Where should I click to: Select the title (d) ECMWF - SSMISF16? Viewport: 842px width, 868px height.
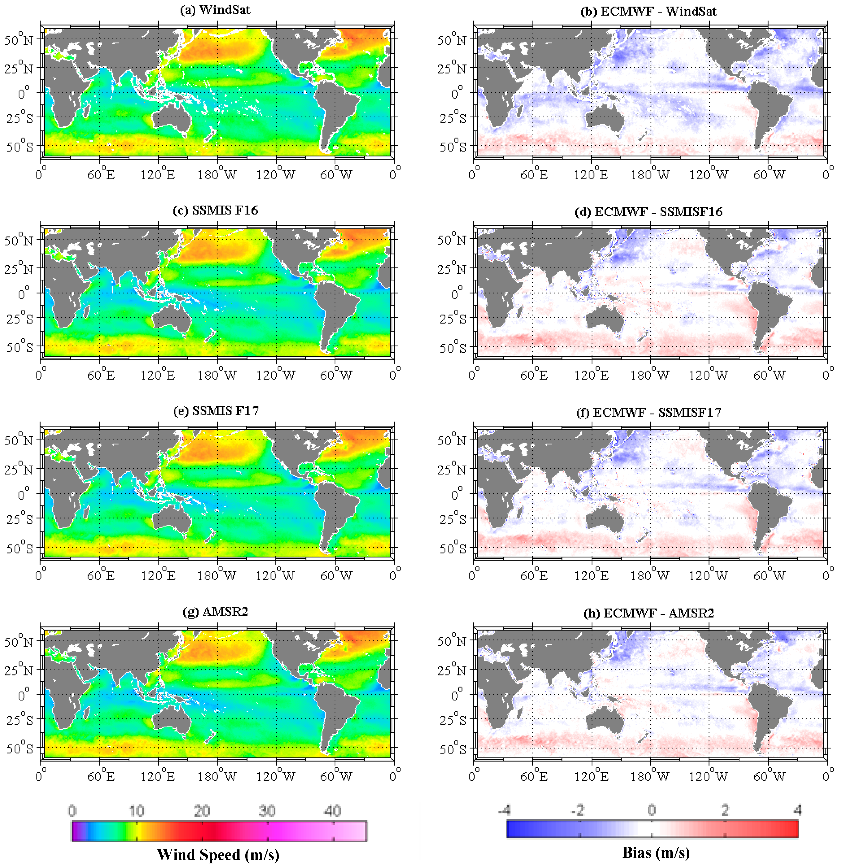pos(648,212)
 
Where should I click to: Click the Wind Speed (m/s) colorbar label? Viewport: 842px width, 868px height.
pos(218,854)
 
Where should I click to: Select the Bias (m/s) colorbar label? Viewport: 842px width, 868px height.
pos(656,852)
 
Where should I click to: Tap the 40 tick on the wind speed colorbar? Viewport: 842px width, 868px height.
pos(332,811)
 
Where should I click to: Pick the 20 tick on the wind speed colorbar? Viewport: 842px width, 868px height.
pos(202,811)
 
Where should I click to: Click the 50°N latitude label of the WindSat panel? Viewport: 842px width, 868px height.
pos(19,40)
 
